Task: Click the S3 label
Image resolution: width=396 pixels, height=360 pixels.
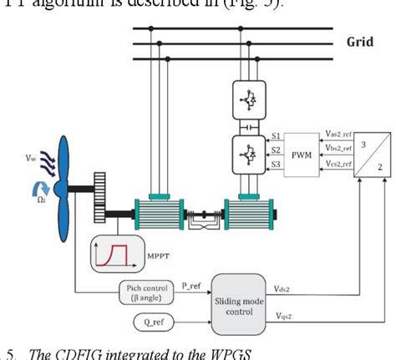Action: click(x=274, y=165)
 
